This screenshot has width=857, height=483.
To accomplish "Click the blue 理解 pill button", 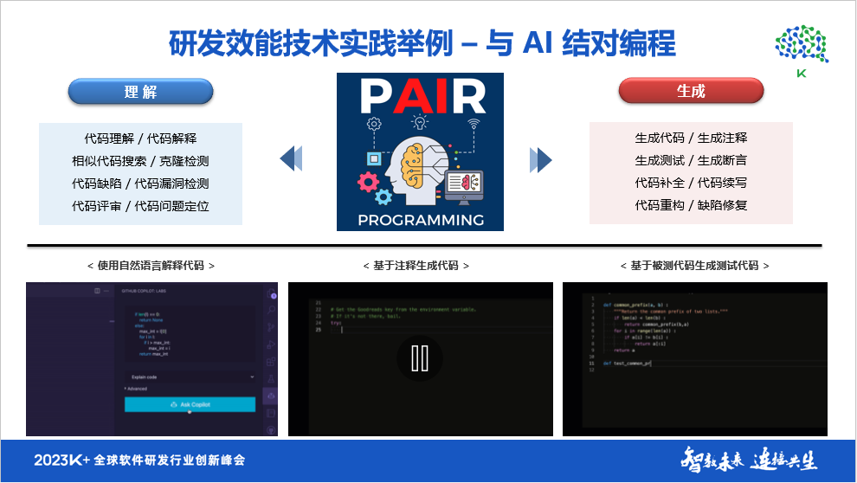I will click(140, 92).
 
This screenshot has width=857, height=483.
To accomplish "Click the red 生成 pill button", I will click(691, 91).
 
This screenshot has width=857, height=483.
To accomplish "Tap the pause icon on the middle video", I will click(420, 357).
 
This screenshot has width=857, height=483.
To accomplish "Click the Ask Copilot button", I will click(190, 404).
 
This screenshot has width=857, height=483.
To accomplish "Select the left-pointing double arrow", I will click(292, 158).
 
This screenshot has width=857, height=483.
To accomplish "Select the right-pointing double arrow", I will click(541, 159).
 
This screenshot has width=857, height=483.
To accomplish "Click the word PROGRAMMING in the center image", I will click(421, 219).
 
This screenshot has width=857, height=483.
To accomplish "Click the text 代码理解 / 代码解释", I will click(140, 138).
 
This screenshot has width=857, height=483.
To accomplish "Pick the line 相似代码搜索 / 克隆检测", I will click(140, 160).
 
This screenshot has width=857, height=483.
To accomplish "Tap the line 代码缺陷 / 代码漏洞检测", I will click(140, 184).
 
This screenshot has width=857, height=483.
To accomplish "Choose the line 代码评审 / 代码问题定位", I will click(140, 206).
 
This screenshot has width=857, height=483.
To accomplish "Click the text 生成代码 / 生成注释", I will click(691, 138).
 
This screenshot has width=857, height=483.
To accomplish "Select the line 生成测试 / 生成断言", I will click(691, 160).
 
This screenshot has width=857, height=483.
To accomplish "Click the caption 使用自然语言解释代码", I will click(151, 266).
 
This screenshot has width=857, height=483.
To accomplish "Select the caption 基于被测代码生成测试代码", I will click(695, 266).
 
